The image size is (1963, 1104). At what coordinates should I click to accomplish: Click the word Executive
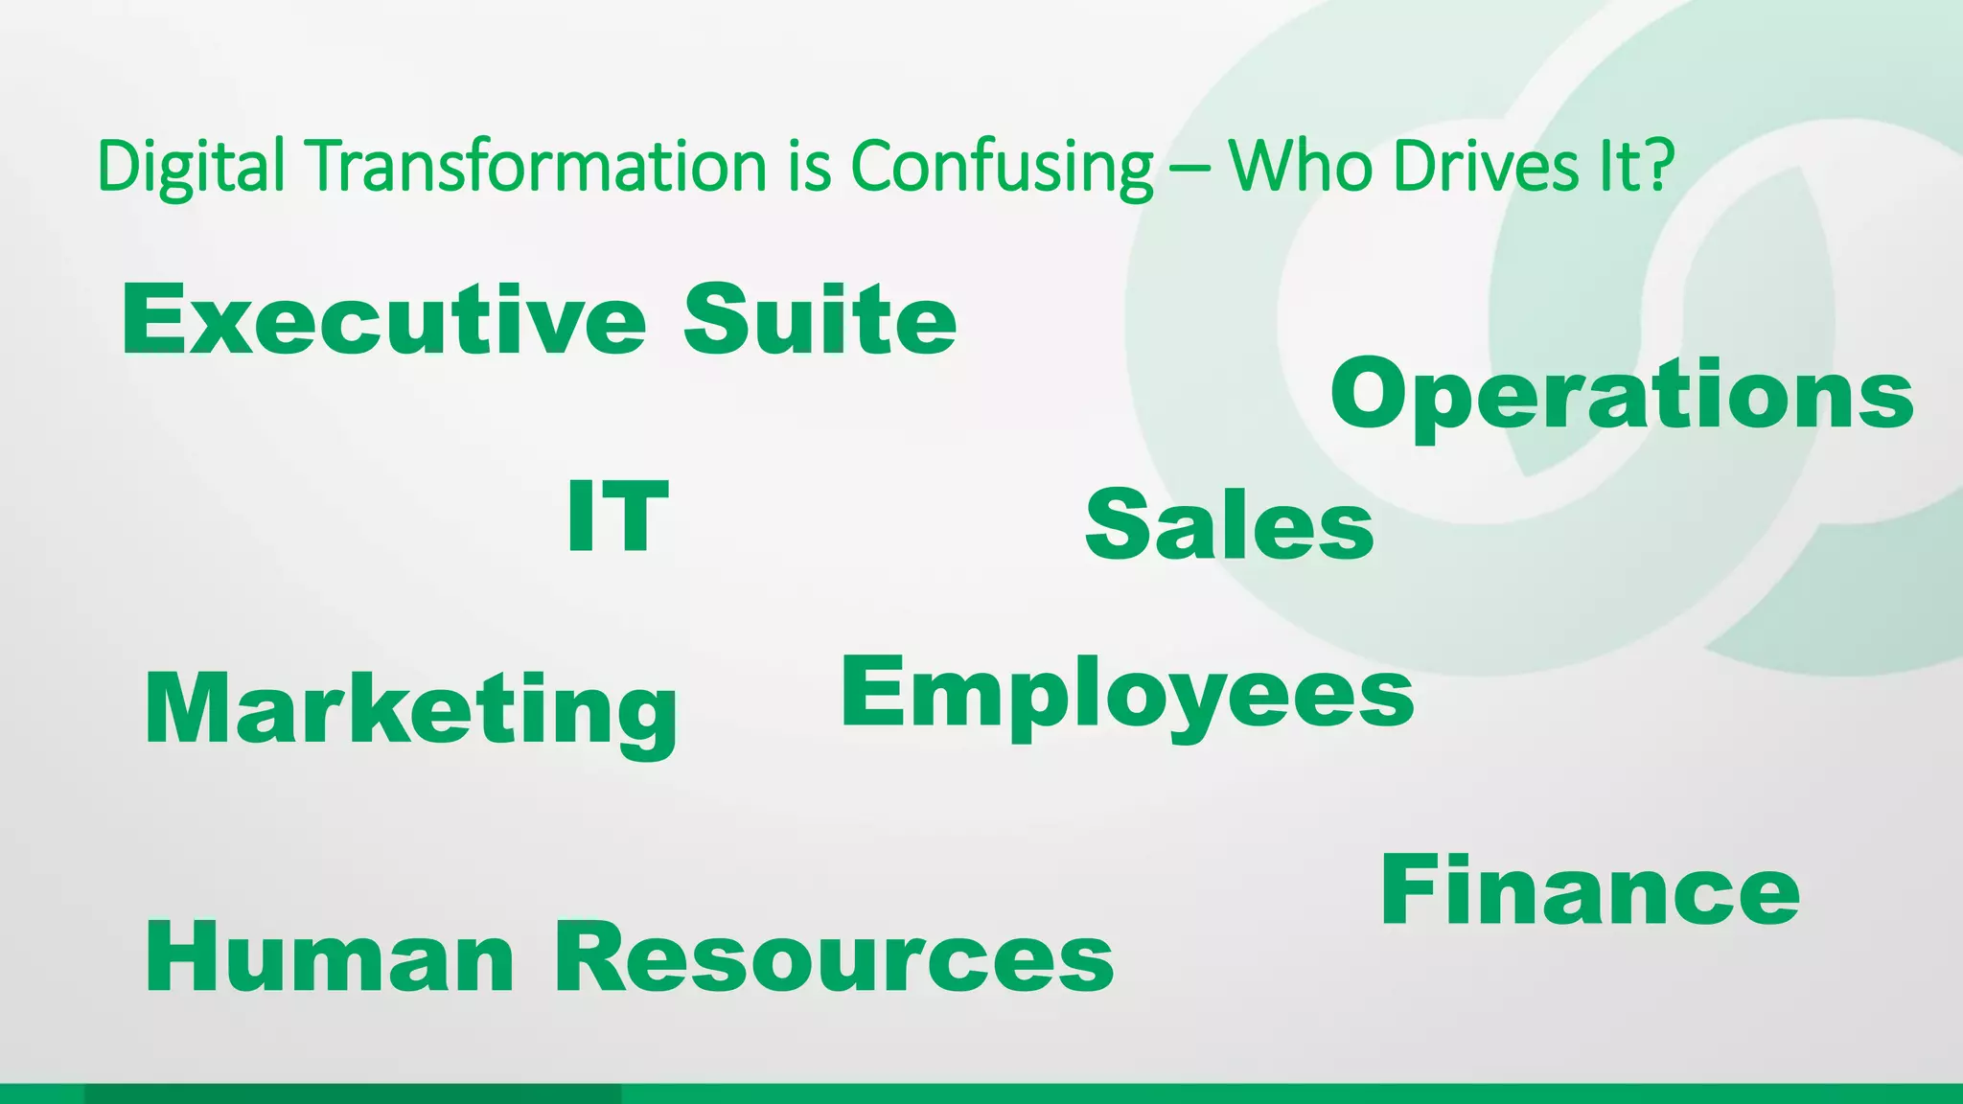[x=383, y=320]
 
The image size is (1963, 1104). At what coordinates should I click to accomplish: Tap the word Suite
[x=820, y=320]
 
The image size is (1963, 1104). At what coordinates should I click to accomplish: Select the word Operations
[x=1622, y=395]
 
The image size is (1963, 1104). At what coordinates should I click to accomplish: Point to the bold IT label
[x=617, y=517]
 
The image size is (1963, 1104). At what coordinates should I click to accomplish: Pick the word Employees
[x=1127, y=695]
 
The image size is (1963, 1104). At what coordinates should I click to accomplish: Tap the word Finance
[x=1590, y=892]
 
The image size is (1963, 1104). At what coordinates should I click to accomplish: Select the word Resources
[x=834, y=957]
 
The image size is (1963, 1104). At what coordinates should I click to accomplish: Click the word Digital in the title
[x=191, y=167]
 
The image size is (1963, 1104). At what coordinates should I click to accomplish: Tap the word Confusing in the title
[x=1002, y=167]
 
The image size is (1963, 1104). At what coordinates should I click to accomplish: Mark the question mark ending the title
[x=1657, y=165]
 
